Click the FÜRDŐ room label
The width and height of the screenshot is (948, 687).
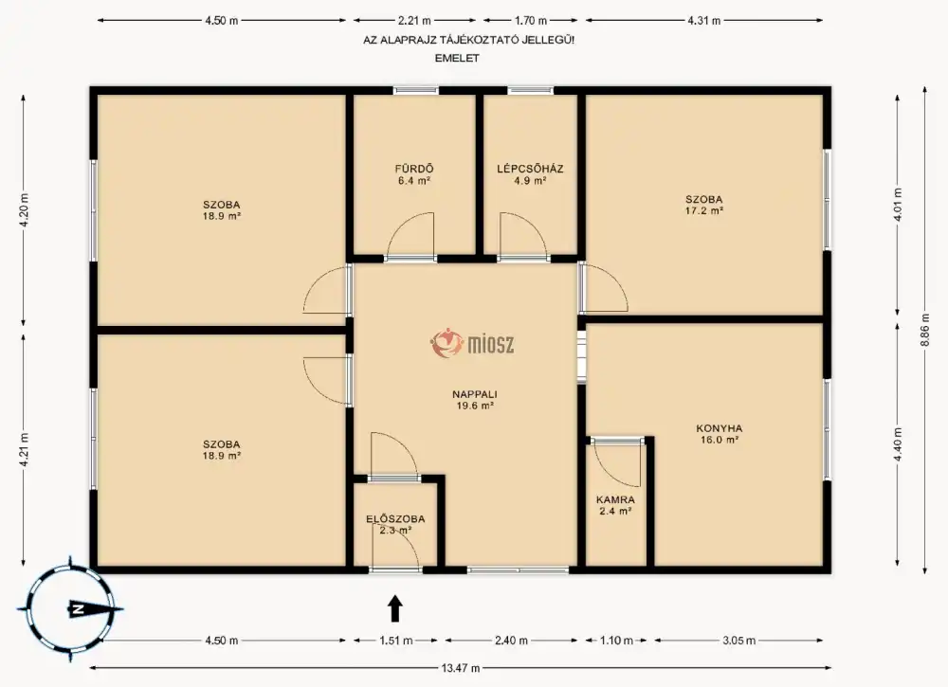pos(414,170)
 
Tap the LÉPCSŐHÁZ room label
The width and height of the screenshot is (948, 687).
pos(530,169)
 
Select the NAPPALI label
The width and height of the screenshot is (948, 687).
pos(475,394)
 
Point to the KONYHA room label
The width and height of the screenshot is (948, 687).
pos(719,428)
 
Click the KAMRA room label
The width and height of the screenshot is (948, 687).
pos(615,499)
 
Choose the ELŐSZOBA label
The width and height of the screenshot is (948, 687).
pos(395,519)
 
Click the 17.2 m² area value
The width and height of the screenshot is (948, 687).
pos(704,211)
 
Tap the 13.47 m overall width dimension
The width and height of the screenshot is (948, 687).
pos(461,668)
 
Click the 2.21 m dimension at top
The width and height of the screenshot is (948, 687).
pos(414,21)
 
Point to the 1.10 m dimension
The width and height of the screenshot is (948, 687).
pos(617,640)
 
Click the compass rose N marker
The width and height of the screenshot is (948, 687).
pos(77,609)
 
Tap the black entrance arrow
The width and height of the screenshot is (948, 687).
pos(394,608)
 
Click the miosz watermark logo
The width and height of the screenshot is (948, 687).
pos(473,343)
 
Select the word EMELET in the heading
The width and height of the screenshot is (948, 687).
pos(457,59)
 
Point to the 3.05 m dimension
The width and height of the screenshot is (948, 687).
pos(738,640)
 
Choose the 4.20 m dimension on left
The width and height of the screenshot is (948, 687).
pos(24,209)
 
